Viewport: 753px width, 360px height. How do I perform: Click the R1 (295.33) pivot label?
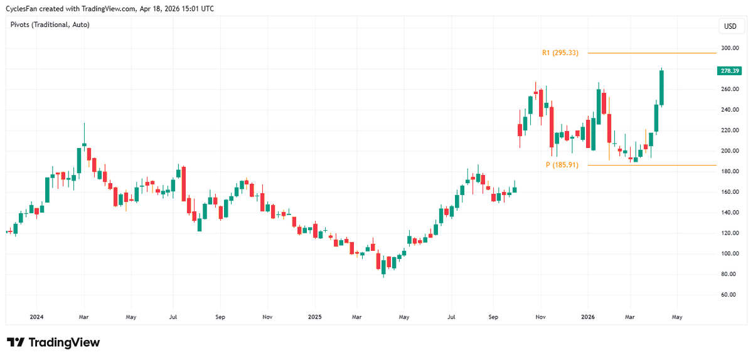[560, 53]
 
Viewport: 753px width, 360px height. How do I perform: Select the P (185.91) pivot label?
[562, 165]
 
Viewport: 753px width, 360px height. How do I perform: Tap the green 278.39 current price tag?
[729, 71]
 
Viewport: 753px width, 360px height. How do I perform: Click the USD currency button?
[730, 26]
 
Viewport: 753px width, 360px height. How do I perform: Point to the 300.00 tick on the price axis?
[729, 48]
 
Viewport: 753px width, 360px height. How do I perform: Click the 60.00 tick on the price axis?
[729, 295]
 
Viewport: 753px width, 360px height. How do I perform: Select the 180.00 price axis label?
[729, 171]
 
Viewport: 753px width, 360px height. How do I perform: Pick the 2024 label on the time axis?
[36, 317]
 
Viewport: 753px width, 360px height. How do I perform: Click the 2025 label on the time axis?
[314, 317]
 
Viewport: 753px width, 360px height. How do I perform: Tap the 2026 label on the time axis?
[588, 317]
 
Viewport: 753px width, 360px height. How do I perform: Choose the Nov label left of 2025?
[267, 317]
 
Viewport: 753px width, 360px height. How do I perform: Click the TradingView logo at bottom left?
[53, 342]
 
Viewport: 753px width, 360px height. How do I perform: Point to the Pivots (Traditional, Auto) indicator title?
[50, 24]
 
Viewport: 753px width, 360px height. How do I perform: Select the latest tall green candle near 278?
[661, 88]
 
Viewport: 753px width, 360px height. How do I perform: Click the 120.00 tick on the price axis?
[729, 233]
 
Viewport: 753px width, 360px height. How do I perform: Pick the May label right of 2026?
[677, 317]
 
